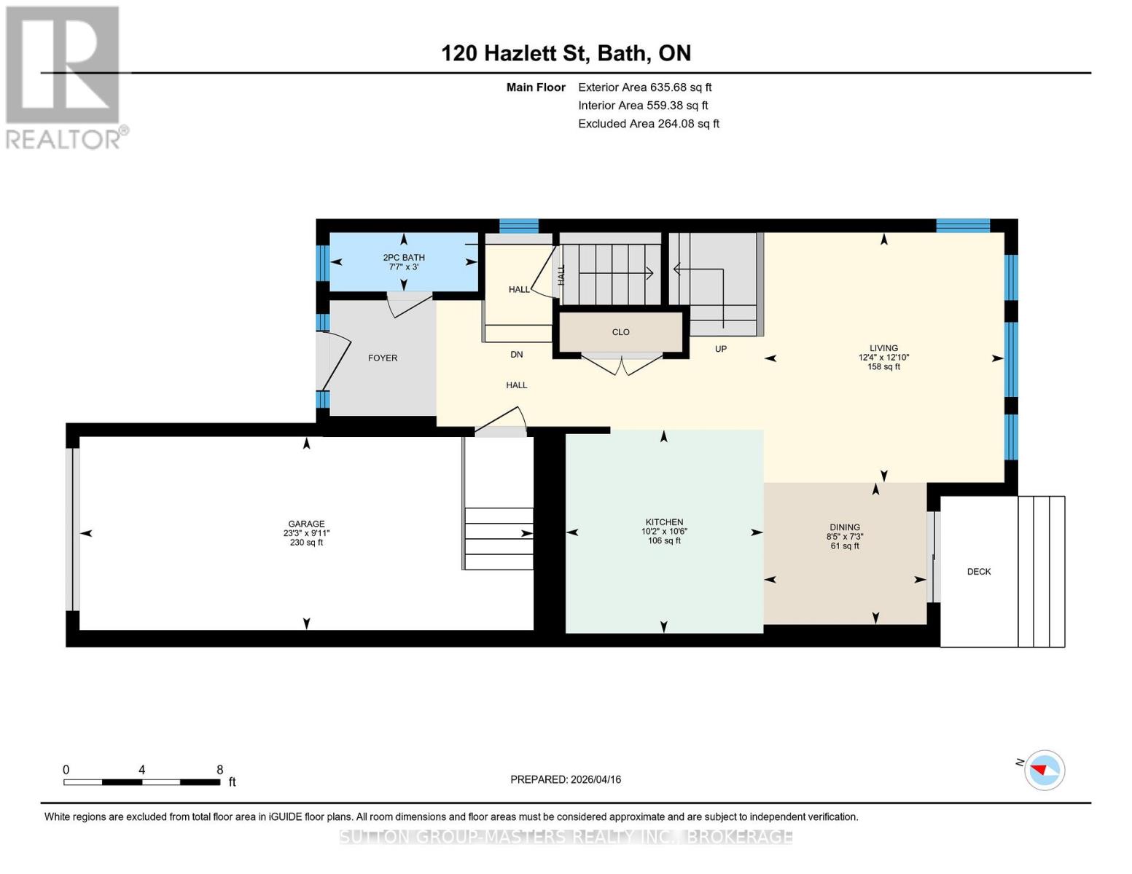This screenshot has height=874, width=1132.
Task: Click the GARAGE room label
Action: pos(306,524)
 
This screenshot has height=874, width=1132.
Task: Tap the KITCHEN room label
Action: pos(664,522)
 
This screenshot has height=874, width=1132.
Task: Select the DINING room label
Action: pos(844,527)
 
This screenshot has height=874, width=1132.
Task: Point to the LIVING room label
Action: pos(883,348)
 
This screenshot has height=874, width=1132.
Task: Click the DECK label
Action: pos(979,572)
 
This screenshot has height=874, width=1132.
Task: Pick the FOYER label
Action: pos(383,358)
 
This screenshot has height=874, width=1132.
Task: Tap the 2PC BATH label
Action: pos(404,258)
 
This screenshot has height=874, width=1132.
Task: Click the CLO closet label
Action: pos(620,332)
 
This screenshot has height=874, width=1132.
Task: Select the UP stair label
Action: pos(720,349)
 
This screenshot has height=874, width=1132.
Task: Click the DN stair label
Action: pos(516,355)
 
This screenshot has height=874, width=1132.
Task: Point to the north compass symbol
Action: pos(1045,771)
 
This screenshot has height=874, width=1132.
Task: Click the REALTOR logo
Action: pos(66,78)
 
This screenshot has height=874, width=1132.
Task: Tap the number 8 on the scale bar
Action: pos(220,770)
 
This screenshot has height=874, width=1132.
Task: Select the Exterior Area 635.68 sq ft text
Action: pos(644,87)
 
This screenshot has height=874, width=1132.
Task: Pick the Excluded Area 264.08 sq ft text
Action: pos(649,124)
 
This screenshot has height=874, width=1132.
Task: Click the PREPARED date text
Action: pos(565,780)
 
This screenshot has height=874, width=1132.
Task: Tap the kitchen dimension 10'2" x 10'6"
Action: pos(664,532)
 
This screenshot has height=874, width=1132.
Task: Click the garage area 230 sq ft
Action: pos(306,543)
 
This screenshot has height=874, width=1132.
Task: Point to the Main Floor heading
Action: pos(536,87)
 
